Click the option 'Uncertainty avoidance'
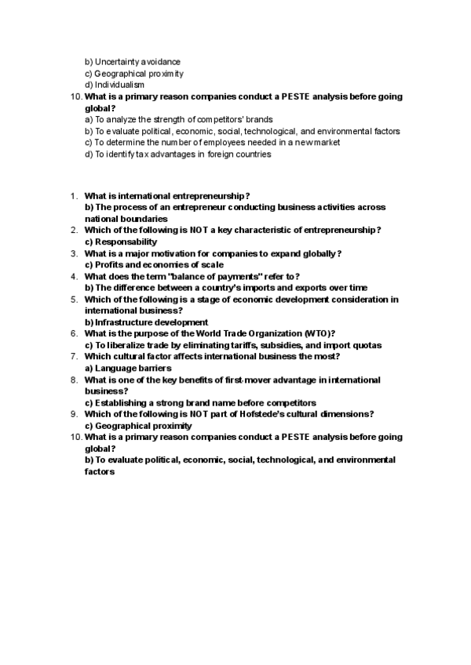pos(137,61)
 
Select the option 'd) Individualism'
pos(114,85)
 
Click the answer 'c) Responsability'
pos(121,242)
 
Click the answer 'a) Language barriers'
pos(128,368)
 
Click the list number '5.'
pos(74,299)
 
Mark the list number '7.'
pos(74,356)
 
